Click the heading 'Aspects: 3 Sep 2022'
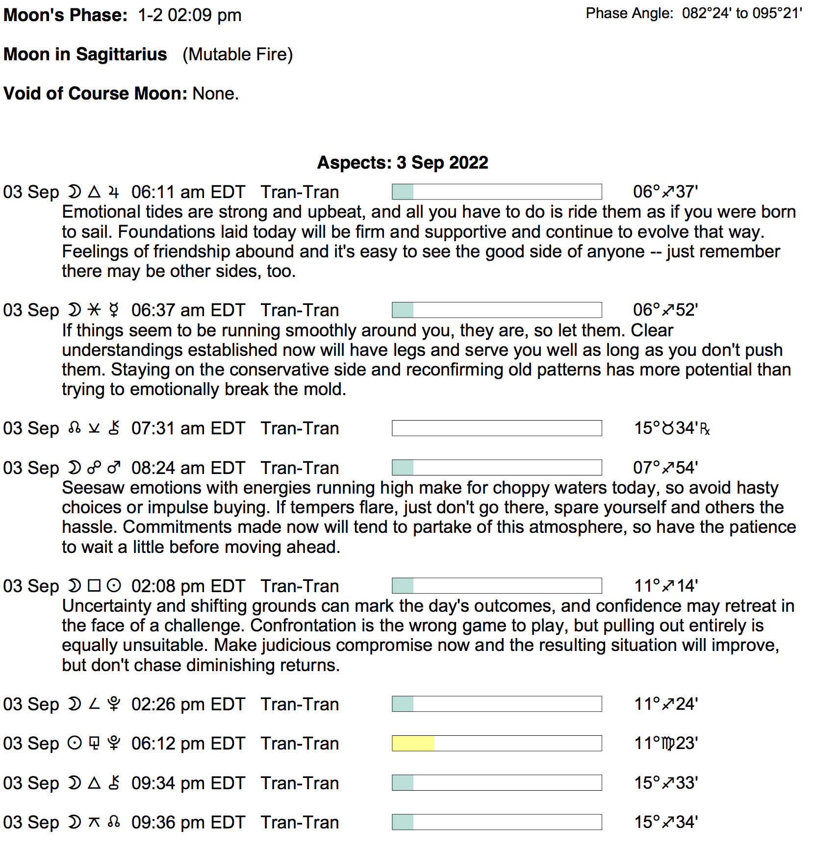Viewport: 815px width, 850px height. pyautogui.click(x=402, y=163)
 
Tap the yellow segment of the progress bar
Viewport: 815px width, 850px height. pyautogui.click(x=413, y=744)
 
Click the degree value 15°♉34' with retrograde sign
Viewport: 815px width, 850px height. pyautogui.click(x=671, y=428)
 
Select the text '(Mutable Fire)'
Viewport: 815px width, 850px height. pyautogui.click(x=237, y=54)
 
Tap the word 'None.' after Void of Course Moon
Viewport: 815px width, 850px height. pyautogui.click(x=215, y=94)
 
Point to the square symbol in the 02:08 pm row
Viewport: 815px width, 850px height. pyautogui.click(x=94, y=586)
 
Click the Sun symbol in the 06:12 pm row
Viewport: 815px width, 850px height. pyautogui.click(x=74, y=744)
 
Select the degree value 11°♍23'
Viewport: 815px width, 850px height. pyautogui.click(x=666, y=744)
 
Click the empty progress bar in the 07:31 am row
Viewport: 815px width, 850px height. pyautogui.click(x=496, y=428)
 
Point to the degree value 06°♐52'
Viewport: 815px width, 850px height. pyautogui.click(x=665, y=310)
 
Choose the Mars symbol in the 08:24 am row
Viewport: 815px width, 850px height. pyautogui.click(x=114, y=468)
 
